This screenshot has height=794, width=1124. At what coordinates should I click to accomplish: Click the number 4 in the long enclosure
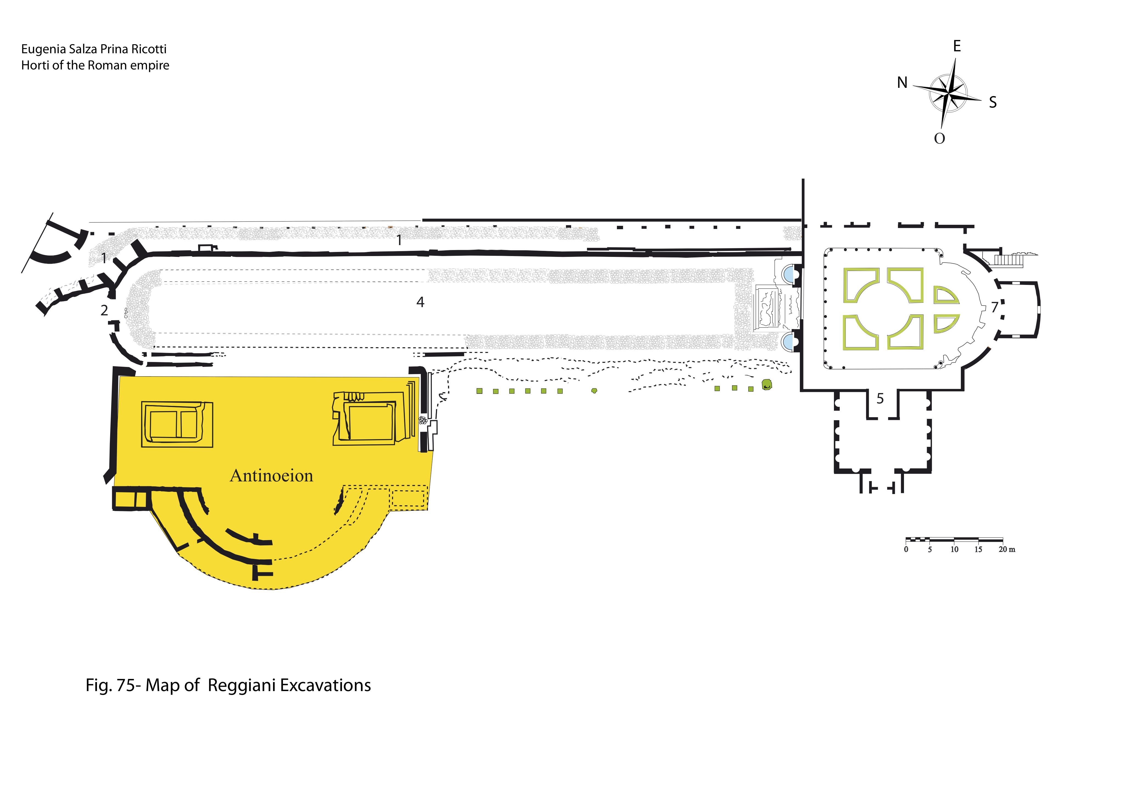point(420,302)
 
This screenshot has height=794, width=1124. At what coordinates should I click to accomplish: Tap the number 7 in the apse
point(994,307)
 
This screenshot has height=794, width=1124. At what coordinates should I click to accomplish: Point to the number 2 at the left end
point(104,310)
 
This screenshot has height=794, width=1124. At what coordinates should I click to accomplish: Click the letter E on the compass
point(956,46)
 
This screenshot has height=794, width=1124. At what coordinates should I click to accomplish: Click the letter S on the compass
point(993,102)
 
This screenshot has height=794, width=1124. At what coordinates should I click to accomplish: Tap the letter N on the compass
point(902,83)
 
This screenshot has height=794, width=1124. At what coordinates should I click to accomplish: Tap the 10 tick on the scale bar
point(954,549)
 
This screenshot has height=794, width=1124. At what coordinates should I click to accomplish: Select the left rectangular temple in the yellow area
point(177,424)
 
